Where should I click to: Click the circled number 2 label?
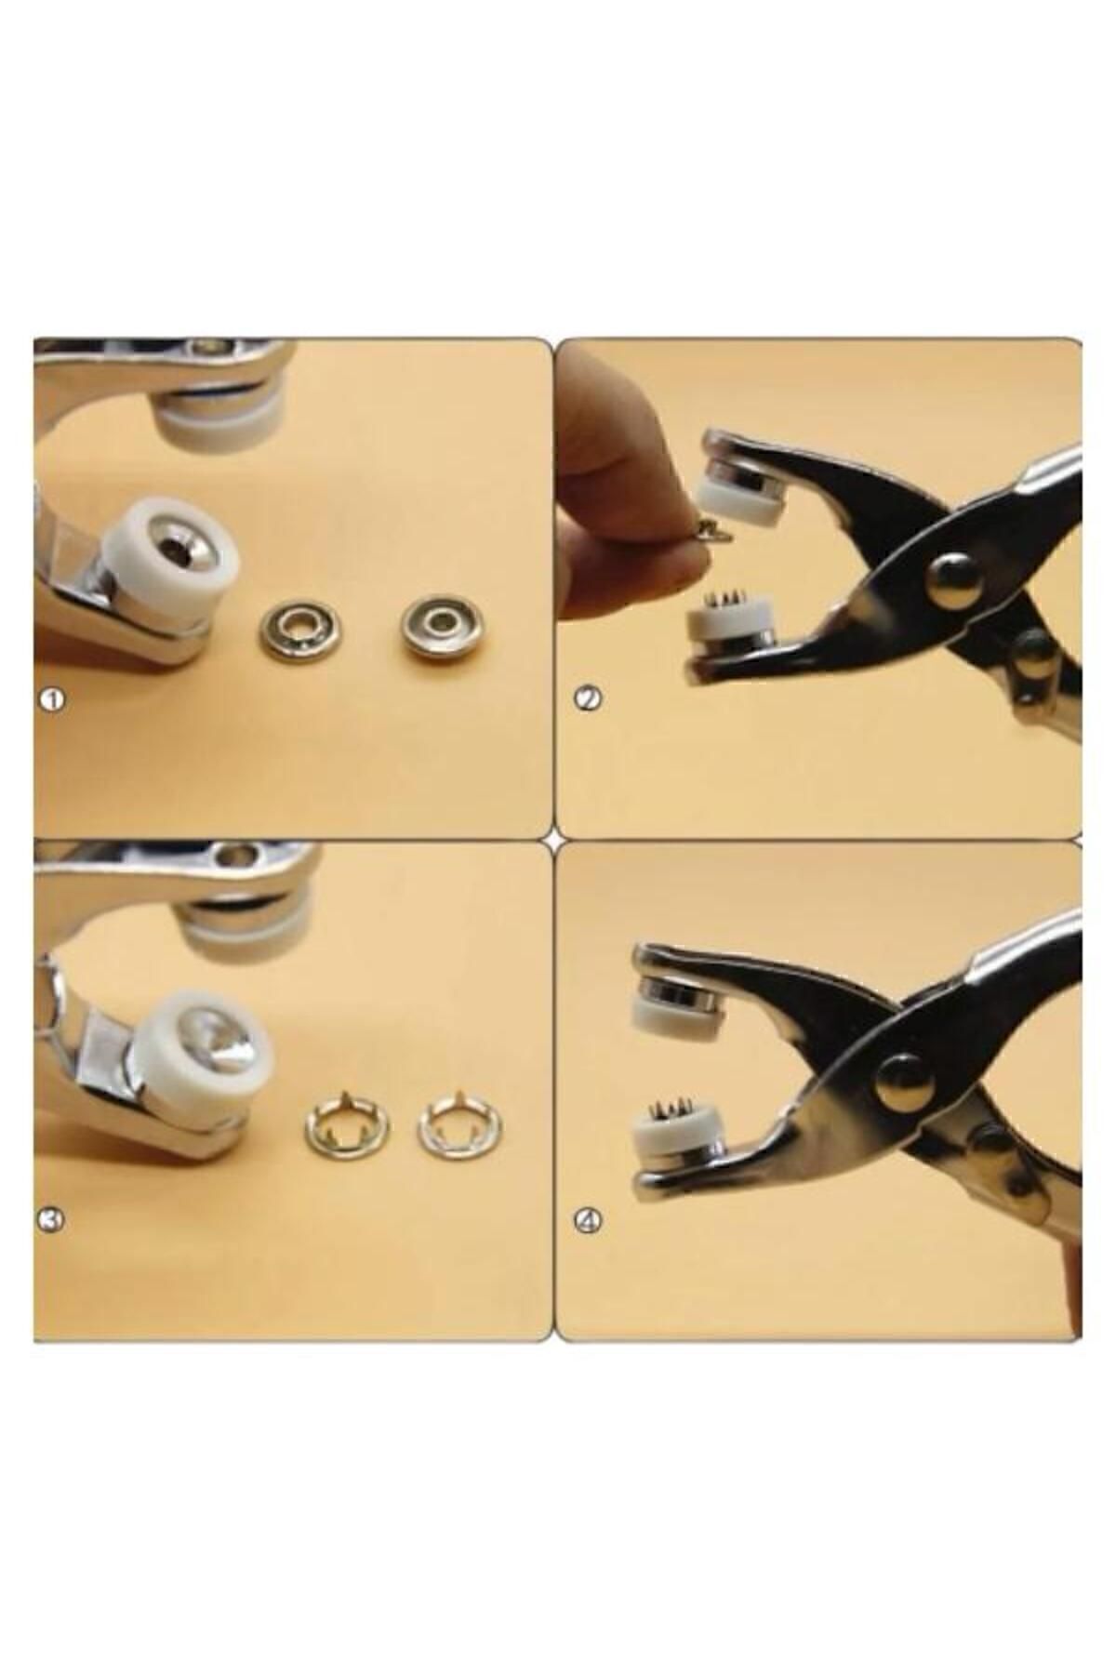(x=586, y=699)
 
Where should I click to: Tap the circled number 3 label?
(x=51, y=1219)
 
